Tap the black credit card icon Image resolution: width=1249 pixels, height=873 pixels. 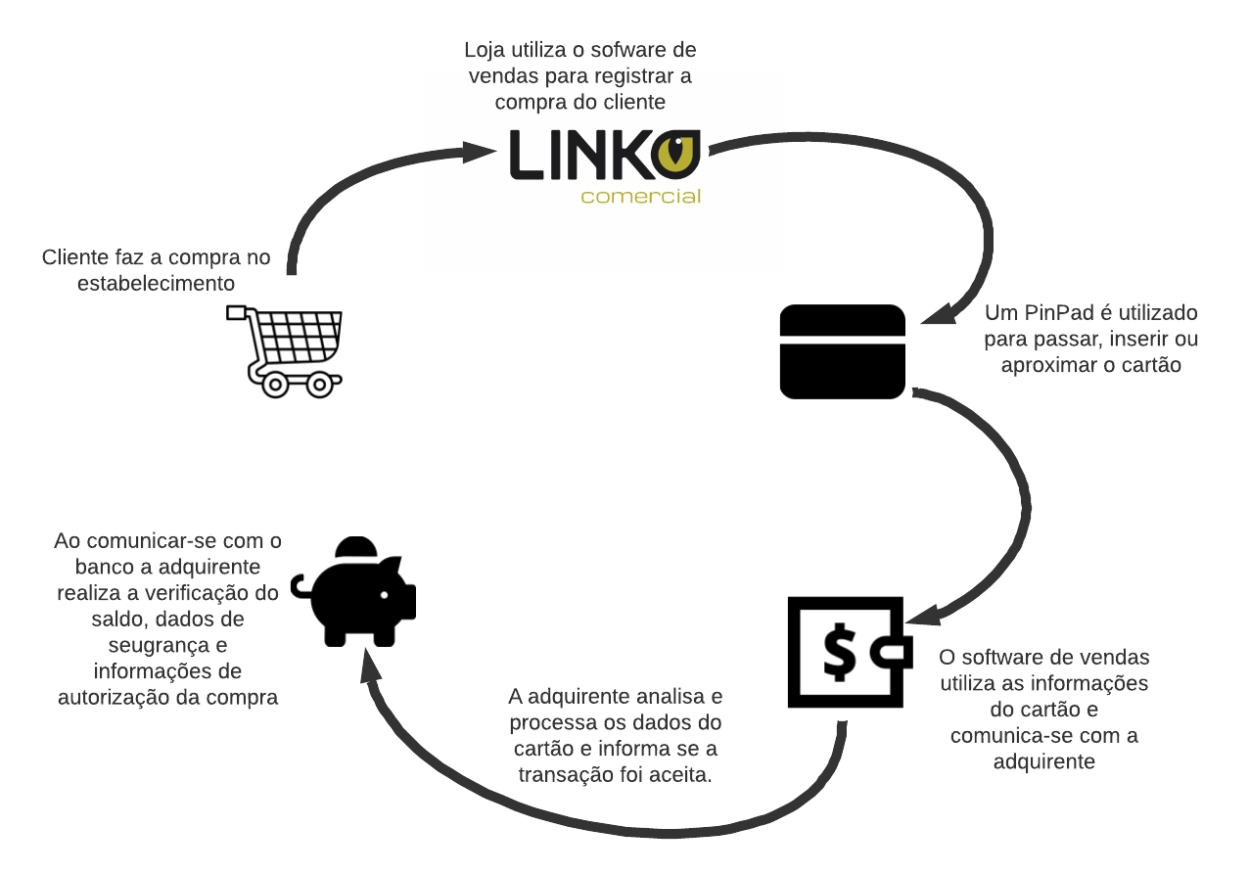[843, 351]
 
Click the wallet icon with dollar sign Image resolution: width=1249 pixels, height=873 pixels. [847, 652]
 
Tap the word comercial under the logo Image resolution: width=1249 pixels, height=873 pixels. [641, 196]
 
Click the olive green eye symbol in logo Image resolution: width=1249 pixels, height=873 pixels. [678, 154]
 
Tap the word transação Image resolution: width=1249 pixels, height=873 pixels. [567, 774]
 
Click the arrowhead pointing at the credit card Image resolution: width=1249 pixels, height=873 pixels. [936, 313]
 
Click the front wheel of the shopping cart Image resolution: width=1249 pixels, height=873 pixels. [319, 383]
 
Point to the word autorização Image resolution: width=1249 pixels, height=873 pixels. [122, 698]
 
